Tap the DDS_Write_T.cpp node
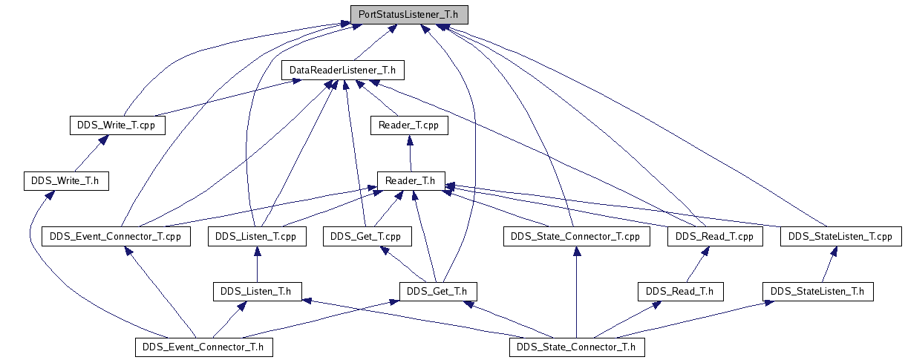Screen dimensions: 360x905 click(x=117, y=125)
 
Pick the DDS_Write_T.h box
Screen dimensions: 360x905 click(x=66, y=180)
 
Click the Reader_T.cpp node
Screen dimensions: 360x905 click(x=408, y=125)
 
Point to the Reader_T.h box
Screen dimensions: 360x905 click(x=411, y=180)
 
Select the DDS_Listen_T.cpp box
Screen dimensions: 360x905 click(x=255, y=237)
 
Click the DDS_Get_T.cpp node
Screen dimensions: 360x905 click(x=366, y=237)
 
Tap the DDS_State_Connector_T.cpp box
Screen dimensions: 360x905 click(x=576, y=237)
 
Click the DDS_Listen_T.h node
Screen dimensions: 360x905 click(x=257, y=291)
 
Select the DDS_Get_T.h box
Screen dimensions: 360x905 click(x=437, y=291)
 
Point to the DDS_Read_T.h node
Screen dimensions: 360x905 click(x=680, y=291)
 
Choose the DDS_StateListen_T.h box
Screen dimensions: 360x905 click(x=817, y=291)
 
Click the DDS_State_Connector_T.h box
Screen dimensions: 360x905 click(x=576, y=347)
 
